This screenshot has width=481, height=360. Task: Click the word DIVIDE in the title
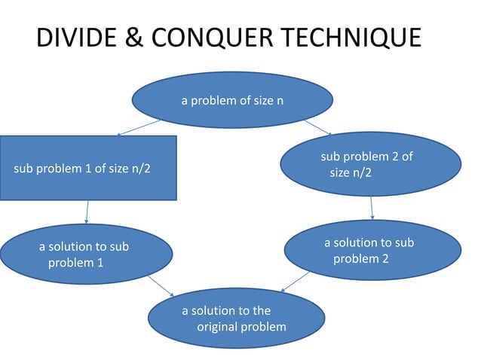click(73, 37)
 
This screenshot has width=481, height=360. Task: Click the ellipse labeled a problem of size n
click(232, 100)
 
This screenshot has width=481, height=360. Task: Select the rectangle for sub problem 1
click(87, 167)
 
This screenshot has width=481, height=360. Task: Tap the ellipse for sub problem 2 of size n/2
click(370, 164)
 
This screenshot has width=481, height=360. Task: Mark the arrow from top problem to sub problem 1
click(138, 127)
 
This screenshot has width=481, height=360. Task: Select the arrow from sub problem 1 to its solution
click(87, 212)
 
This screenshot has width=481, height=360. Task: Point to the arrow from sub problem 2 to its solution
click(372, 208)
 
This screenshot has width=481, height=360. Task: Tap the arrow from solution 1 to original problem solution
click(161, 285)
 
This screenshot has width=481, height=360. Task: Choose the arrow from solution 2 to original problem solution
click(296, 282)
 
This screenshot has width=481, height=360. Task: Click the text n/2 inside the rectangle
click(139, 167)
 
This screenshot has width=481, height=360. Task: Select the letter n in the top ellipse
click(280, 100)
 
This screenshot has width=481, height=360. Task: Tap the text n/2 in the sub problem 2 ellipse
click(360, 172)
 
